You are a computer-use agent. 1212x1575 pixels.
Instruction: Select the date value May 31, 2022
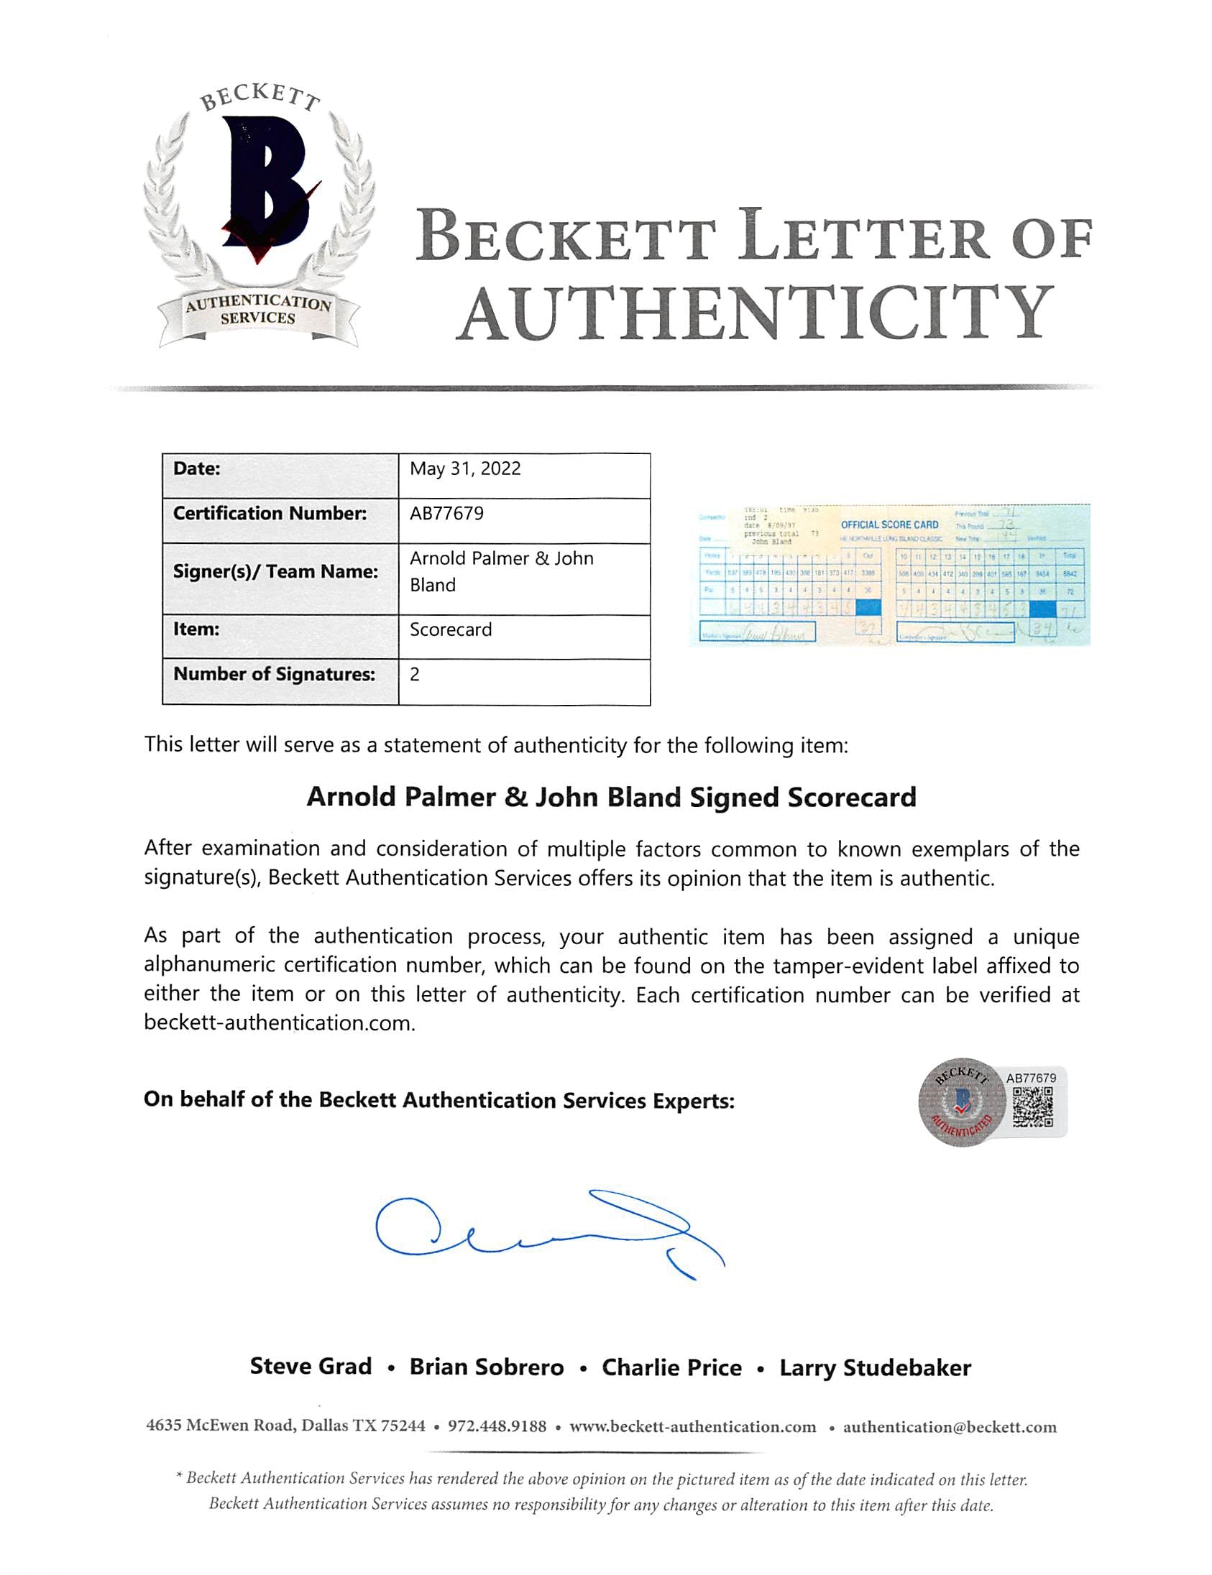465,468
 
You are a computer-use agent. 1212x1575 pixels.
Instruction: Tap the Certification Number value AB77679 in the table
446,514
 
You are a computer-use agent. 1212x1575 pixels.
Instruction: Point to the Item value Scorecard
451,629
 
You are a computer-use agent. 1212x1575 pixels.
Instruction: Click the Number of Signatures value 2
415,674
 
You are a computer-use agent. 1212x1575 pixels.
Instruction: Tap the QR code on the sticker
1032,1108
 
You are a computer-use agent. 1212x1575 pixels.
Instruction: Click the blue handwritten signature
548,1234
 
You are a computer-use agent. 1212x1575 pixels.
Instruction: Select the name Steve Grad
311,1367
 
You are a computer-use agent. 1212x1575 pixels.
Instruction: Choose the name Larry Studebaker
875,1367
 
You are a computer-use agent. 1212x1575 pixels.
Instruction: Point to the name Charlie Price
671,1367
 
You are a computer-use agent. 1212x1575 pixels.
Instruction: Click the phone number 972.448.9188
497,1426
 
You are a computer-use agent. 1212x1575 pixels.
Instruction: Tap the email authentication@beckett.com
950,1426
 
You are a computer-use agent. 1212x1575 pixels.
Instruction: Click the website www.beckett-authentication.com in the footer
692,1426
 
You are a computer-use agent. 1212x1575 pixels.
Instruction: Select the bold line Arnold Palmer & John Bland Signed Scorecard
611,797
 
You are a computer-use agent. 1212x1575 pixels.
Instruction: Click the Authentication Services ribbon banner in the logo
258,311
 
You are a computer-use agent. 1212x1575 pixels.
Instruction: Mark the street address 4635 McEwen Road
221,1426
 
